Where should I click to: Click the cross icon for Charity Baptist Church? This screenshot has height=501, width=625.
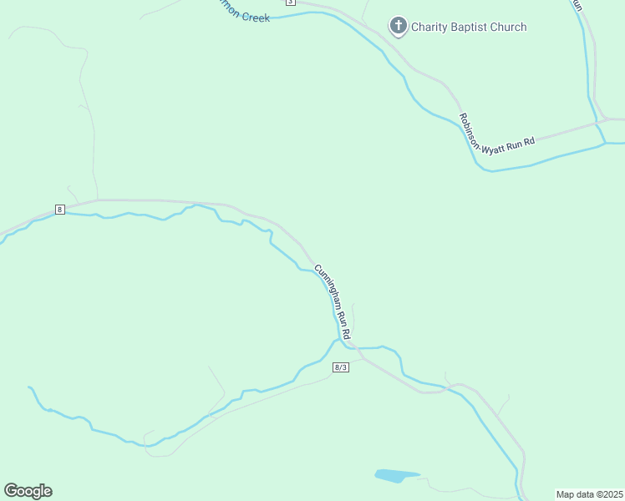(399, 27)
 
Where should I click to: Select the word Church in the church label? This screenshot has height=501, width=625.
(510, 27)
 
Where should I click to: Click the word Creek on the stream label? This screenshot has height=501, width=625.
(254, 16)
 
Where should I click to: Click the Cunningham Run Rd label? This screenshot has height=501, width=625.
(333, 301)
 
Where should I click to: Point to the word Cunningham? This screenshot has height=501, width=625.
(326, 288)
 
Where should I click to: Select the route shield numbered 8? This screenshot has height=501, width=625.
(60, 209)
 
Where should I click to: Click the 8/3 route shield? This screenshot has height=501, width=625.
(340, 367)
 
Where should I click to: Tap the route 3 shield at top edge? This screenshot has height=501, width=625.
(290, 3)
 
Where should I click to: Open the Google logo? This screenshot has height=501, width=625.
(28, 491)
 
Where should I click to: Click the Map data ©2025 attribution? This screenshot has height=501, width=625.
(588, 493)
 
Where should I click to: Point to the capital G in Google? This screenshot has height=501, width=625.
(11, 491)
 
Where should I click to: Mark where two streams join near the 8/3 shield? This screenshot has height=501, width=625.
(337, 341)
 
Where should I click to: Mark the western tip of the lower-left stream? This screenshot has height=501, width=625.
(29, 387)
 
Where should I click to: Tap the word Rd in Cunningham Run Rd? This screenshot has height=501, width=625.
(344, 331)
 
